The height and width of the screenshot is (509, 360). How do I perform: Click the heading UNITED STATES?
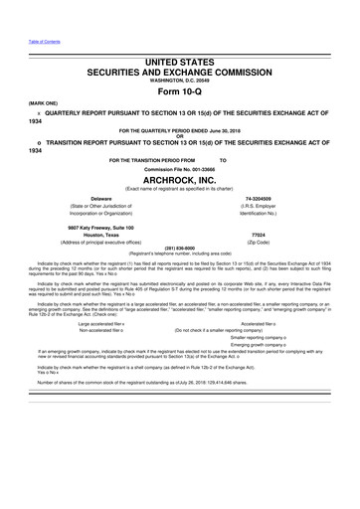pyautogui.click(x=179, y=63)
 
